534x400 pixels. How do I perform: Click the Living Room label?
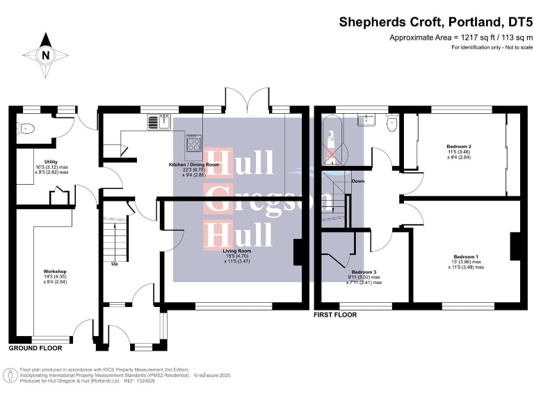pyautogui.click(x=236, y=256)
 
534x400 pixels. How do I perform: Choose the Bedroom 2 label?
pyautogui.click(x=460, y=152)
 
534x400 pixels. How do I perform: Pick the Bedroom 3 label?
pyautogui.click(x=364, y=277)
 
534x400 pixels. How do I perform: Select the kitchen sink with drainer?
pyautogui.click(x=159, y=122)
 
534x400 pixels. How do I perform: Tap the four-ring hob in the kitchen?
pyautogui.click(x=193, y=144)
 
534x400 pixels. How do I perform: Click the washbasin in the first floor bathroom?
pyautogui.click(x=365, y=121)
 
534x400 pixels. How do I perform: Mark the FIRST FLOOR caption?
pyautogui.click(x=335, y=315)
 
